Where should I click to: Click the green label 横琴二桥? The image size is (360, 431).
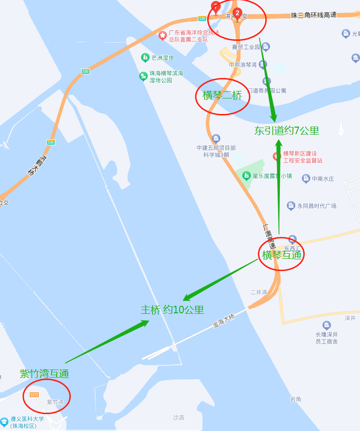pyautogui.click(x=222, y=96)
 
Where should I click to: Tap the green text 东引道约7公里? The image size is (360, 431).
pyautogui.click(x=286, y=131)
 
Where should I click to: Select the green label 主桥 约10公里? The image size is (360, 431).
pyautogui.click(x=172, y=310)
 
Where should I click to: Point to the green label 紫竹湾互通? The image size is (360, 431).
pyautogui.click(x=45, y=374)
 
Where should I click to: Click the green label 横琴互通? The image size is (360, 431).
pyautogui.click(x=281, y=255)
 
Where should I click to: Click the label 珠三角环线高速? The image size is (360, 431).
pyautogui.click(x=314, y=15)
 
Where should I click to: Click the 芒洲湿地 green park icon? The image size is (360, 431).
pyautogui.click(x=145, y=58)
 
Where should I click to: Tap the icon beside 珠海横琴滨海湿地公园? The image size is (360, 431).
pyautogui.click(x=143, y=76)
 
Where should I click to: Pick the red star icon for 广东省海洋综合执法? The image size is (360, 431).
pyautogui.click(x=163, y=35)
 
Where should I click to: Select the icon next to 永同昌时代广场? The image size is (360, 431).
pyautogui.click(x=291, y=205)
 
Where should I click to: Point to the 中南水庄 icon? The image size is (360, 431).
pyautogui.click(x=306, y=178)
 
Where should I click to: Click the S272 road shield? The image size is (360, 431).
pyautogui.click(x=34, y=394)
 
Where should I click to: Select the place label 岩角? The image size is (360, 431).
pyautogui.click(x=295, y=399)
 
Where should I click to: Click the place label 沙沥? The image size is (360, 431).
pyautogui.click(x=179, y=417)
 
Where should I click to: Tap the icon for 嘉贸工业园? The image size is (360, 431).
pyautogui.click(x=266, y=46)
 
